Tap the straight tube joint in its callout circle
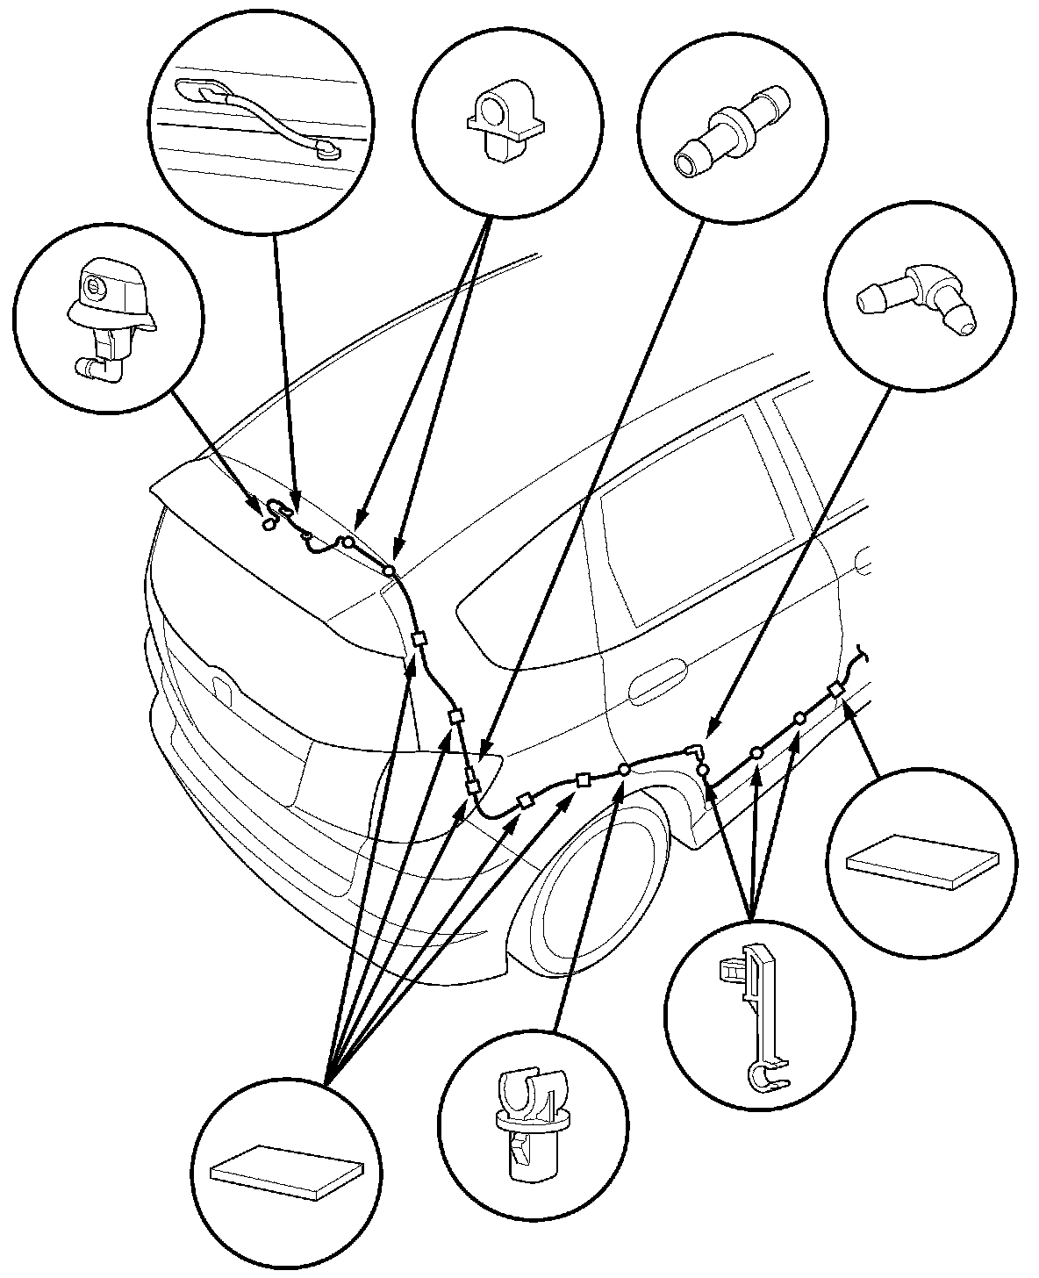coord(729,132)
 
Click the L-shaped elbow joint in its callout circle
coord(918,304)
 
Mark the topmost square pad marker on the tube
coord(419,639)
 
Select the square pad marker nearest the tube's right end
coord(836,691)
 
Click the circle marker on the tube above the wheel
coord(623,770)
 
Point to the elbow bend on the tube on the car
coord(695,750)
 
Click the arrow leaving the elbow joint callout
coord(799,562)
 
